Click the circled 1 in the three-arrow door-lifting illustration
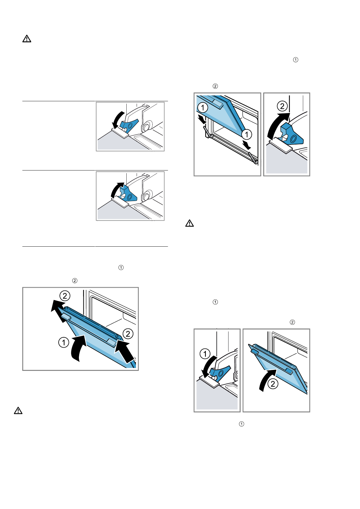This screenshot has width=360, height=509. click(x=63, y=342)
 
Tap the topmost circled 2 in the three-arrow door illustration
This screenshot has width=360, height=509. click(x=65, y=296)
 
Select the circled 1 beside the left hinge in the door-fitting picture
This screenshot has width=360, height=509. click(x=203, y=107)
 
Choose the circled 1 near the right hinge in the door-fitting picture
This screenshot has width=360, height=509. click(x=247, y=134)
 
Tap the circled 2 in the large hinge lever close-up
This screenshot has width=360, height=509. click(x=282, y=106)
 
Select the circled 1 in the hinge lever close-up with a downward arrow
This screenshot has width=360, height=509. click(x=205, y=354)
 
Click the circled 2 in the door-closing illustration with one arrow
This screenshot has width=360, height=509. click(x=273, y=384)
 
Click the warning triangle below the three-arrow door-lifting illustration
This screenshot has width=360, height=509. click(x=18, y=410)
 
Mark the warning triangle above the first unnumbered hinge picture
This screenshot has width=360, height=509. click(x=27, y=39)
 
